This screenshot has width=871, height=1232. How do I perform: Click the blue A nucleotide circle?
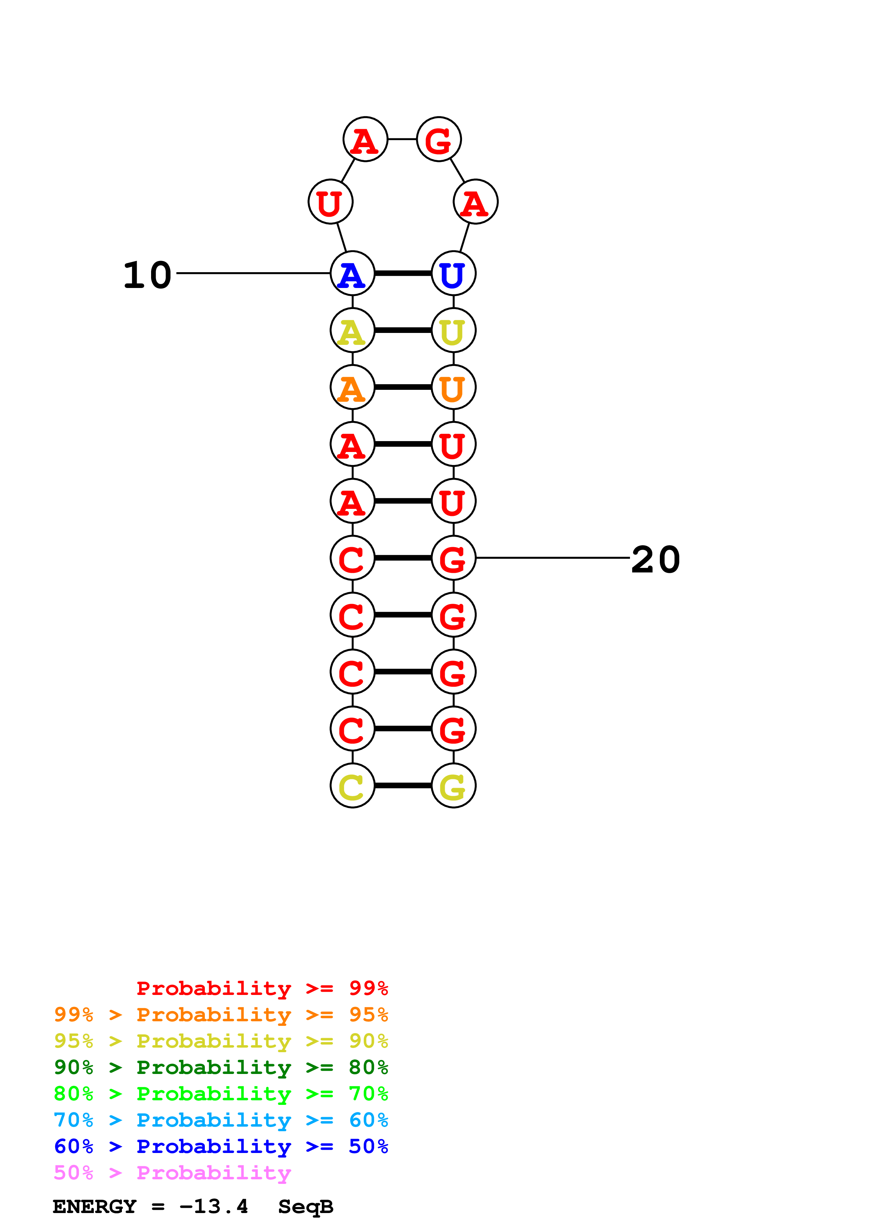(352, 273)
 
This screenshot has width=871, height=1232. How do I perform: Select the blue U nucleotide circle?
(454, 273)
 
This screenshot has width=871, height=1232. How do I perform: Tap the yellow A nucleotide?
(352, 330)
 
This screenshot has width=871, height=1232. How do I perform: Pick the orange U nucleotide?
(454, 387)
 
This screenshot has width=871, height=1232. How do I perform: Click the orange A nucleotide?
(352, 387)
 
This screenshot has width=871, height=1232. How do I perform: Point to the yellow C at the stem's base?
(352, 786)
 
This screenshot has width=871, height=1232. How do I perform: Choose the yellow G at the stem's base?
(454, 786)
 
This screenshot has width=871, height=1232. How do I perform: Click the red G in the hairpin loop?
(439, 139)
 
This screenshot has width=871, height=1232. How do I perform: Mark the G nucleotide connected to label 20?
(454, 558)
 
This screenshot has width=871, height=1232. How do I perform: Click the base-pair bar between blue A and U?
(403, 273)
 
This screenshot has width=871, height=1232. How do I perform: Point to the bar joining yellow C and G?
(403, 786)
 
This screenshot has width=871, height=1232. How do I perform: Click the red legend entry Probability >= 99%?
(262, 988)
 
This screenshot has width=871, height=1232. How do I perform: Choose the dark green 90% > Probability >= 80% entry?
(221, 1067)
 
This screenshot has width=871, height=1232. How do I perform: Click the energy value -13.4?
(214, 1206)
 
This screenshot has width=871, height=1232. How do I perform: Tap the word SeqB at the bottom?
(305, 1206)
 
